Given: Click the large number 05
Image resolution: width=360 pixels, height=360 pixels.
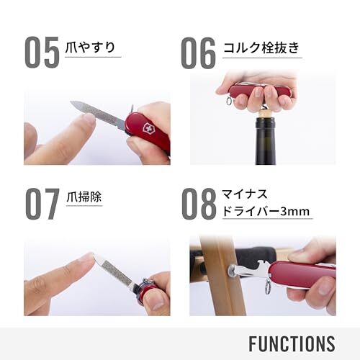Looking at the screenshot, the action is point(42,53).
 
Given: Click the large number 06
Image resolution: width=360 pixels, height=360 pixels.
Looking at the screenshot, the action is point(198,53).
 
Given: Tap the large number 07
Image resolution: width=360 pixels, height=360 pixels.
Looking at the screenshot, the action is point(42,204).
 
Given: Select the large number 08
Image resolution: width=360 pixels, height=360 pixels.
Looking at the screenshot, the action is point(199,204).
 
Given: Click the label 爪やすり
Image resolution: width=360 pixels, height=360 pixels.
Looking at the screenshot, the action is point(91,47).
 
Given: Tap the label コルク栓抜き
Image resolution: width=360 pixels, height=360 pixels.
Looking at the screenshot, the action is point(261,48).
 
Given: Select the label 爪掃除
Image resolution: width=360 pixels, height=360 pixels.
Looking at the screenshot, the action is point(84,197).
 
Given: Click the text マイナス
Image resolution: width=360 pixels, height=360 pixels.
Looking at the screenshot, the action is point(244,194).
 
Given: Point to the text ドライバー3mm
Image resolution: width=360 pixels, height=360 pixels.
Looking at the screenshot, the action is point(266,212).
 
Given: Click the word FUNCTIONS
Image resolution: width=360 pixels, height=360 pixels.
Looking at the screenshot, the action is point(292,344).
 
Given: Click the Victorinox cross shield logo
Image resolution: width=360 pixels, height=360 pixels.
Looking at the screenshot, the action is point(146,127).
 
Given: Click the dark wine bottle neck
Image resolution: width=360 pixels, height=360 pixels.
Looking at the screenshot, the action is point(264,142).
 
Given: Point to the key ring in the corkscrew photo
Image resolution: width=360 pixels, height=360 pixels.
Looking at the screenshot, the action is point(229,101).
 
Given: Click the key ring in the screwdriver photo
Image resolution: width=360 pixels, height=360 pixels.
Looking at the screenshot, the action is point(268,287).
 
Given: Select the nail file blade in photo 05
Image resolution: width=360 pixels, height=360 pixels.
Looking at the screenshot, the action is point(99,114).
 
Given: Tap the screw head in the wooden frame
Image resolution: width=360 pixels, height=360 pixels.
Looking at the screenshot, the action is point(231,270).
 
